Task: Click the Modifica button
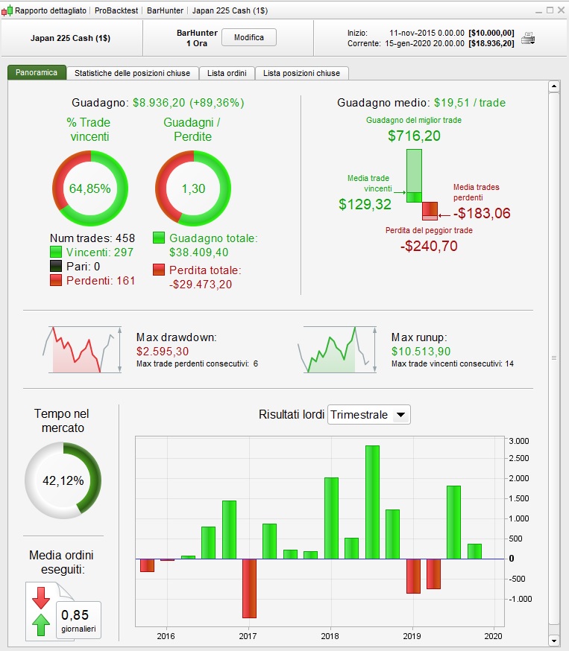(249, 37)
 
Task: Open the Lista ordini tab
(227, 73)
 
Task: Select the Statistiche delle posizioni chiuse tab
(132, 73)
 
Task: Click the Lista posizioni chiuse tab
(301, 73)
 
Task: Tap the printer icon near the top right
(528, 39)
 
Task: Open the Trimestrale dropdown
(369, 415)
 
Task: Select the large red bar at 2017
(249, 588)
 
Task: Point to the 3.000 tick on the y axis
(519, 441)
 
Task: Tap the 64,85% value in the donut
(89, 188)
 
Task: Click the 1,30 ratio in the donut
(192, 188)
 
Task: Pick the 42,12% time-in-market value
(63, 480)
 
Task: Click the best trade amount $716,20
(414, 136)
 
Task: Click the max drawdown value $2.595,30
(163, 352)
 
